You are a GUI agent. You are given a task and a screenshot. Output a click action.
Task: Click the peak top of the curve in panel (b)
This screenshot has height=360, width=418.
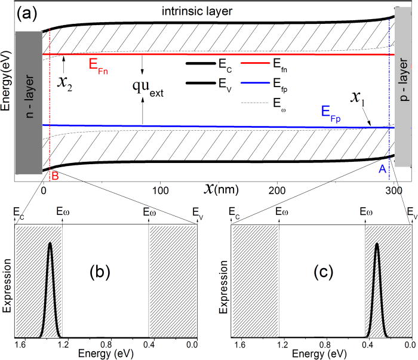point(50,243)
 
